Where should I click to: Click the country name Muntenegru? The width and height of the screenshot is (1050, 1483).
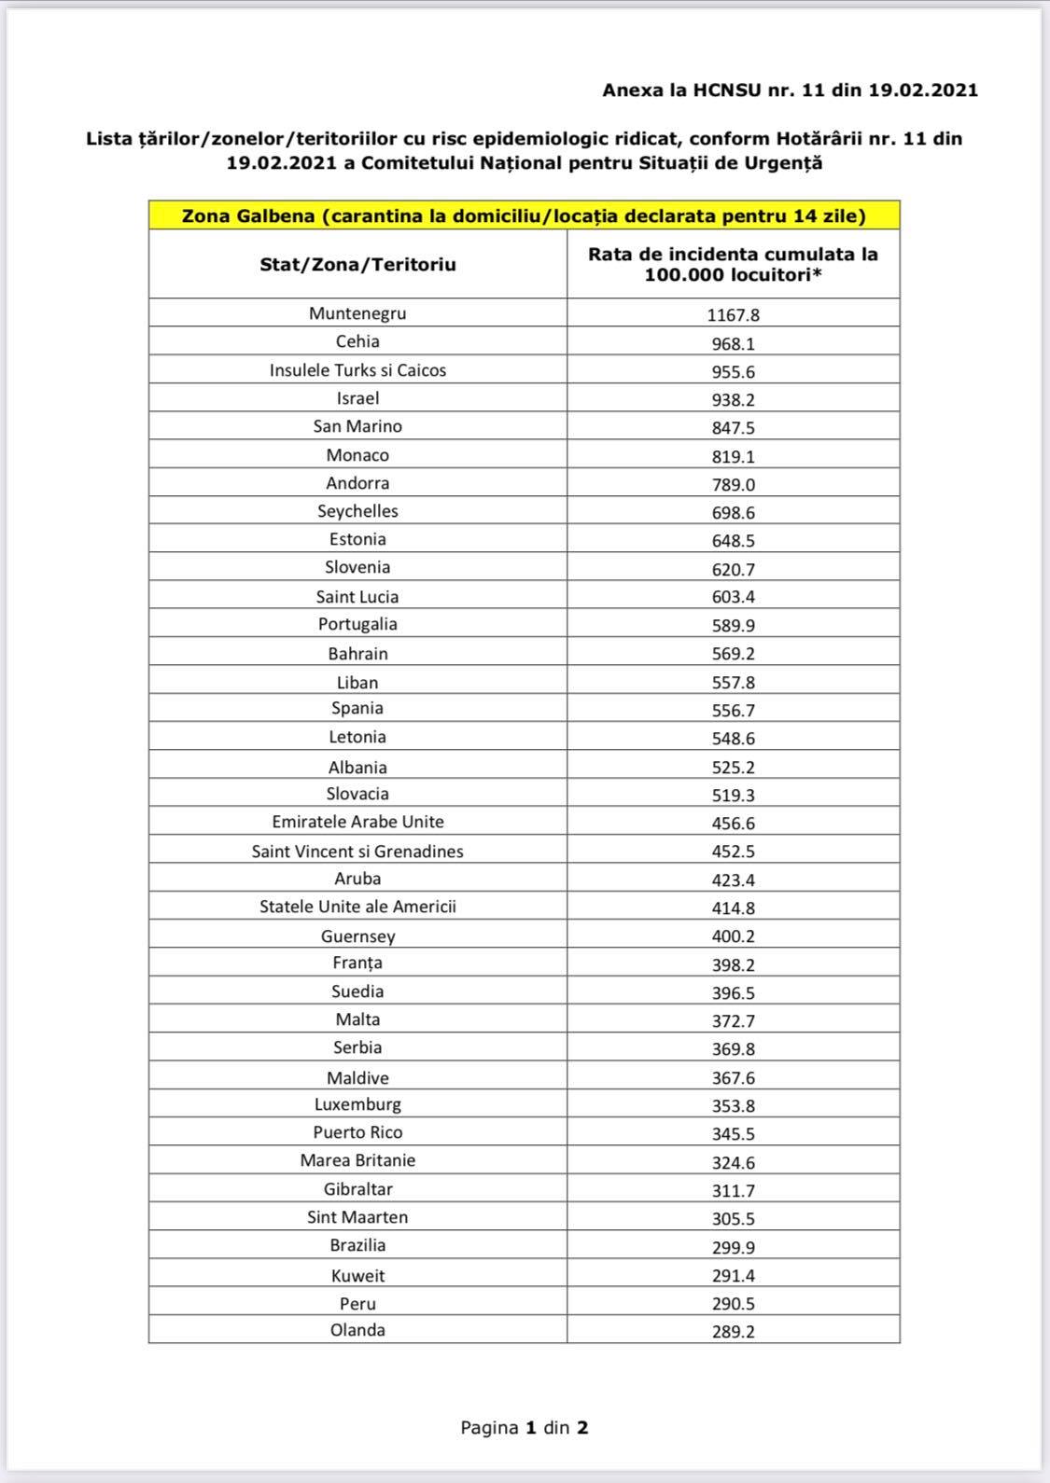click(x=357, y=313)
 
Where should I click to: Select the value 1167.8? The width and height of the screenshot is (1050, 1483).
click(x=733, y=315)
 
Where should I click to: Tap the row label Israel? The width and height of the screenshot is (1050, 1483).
click(x=357, y=398)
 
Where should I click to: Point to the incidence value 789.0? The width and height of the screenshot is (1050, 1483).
click(x=733, y=484)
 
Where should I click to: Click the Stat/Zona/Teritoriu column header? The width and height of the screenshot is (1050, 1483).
click(x=357, y=265)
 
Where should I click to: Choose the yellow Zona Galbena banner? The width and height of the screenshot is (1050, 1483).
click(x=524, y=216)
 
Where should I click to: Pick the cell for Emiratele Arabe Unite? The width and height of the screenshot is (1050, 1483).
click(x=357, y=822)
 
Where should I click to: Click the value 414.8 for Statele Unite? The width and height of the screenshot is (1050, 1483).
click(x=733, y=908)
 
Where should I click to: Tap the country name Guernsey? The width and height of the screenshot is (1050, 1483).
click(x=357, y=936)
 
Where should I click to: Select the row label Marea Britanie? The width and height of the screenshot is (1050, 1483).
click(x=357, y=1160)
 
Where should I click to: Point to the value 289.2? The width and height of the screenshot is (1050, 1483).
click(x=733, y=1332)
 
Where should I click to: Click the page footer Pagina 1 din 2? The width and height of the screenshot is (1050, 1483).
click(x=524, y=1427)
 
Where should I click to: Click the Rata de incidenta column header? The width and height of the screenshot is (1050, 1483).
click(x=733, y=265)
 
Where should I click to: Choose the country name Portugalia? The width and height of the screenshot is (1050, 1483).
click(x=357, y=624)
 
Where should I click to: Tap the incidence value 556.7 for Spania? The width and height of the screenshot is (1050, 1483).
click(x=733, y=710)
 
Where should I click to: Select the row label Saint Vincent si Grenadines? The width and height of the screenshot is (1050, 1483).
click(x=357, y=851)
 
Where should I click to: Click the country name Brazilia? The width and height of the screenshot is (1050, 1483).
click(x=357, y=1245)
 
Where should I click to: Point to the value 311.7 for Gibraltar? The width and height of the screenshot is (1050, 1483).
click(x=733, y=1190)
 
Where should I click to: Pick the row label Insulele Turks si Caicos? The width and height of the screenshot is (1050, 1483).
click(x=357, y=370)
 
